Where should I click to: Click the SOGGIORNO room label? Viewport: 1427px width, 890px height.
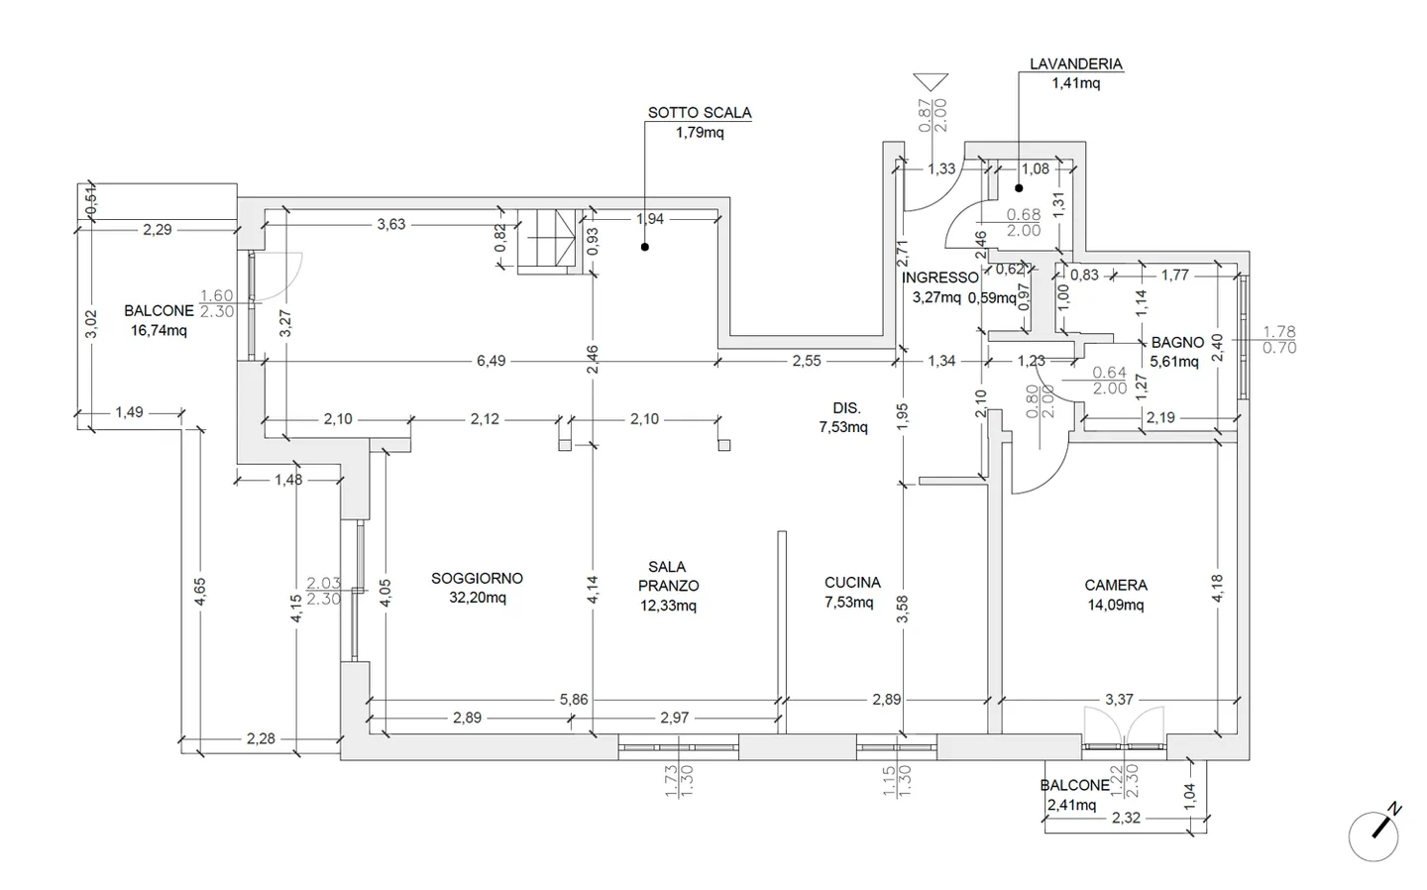point(477,578)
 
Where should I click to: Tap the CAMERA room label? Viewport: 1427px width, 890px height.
point(1116,585)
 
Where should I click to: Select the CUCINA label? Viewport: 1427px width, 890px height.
point(852,583)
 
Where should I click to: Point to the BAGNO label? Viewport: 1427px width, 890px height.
point(1177,343)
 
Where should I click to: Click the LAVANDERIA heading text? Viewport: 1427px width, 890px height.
point(1075,64)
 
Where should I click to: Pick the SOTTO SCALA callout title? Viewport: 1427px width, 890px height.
point(700,113)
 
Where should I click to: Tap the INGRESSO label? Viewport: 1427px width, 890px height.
point(940,278)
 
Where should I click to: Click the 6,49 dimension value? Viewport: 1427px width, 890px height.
point(491,361)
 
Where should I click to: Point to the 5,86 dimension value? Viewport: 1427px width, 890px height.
point(574,700)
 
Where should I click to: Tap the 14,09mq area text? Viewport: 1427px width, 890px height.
point(1116,605)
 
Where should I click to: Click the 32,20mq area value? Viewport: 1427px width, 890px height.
point(478,598)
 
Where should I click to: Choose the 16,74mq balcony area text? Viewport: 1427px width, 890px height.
point(159,330)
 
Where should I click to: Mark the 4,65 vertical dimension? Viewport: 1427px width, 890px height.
point(200,592)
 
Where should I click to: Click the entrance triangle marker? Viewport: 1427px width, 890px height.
point(932,82)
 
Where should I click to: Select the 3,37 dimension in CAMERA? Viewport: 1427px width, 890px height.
point(1119,700)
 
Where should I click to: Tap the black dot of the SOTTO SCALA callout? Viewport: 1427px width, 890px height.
point(644,247)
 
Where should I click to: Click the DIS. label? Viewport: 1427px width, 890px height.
point(846,407)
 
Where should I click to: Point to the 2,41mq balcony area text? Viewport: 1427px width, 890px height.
point(1071,805)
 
